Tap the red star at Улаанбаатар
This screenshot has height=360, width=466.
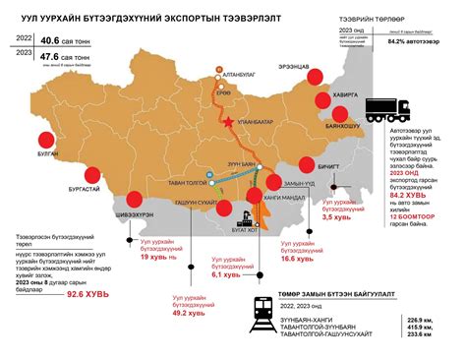[229, 122]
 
